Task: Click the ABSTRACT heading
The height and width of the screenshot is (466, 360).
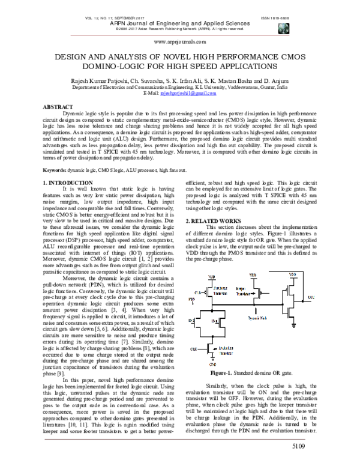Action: click(x=56, y=106)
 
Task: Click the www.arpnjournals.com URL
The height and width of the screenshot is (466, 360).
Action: click(x=180, y=42)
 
